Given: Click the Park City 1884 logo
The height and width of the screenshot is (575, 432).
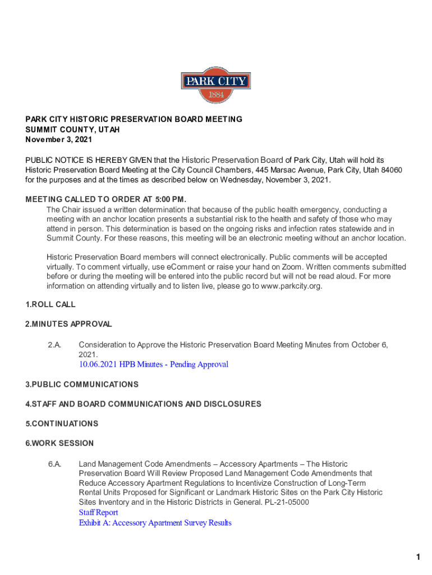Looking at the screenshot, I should pyautogui.click(x=215, y=85).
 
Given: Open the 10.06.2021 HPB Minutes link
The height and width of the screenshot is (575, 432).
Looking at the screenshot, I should pyautogui.click(x=153, y=364).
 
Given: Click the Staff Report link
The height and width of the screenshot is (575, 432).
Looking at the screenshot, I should pyautogui.click(x=98, y=513).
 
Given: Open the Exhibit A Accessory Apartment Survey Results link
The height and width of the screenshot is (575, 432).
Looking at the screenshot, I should pyautogui.click(x=155, y=523).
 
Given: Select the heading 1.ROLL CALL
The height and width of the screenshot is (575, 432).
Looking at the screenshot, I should pyautogui.click(x=50, y=304).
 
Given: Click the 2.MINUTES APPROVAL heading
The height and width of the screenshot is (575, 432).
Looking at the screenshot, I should pyautogui.click(x=68, y=324).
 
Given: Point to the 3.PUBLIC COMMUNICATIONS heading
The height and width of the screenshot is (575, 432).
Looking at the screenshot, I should pyautogui.click(x=82, y=384).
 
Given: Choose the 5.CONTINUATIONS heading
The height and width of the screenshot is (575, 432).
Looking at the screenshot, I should pyautogui.click(x=62, y=423).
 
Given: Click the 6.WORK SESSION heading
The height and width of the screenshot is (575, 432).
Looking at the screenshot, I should pyautogui.click(x=59, y=443).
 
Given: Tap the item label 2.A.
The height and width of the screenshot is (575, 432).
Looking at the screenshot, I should pyautogui.click(x=54, y=345).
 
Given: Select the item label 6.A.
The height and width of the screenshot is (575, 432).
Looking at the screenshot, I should pyautogui.click(x=54, y=464).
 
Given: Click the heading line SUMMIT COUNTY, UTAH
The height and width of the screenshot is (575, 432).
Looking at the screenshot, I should pyautogui.click(x=72, y=129).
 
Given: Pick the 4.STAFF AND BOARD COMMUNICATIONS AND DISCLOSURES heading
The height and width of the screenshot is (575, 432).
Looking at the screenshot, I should pyautogui.click(x=143, y=404).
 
